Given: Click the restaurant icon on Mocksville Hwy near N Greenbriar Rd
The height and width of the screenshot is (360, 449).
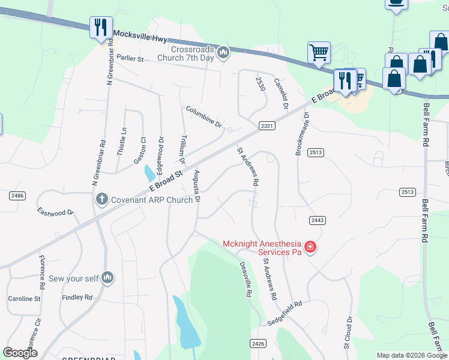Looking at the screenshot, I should point(100,27).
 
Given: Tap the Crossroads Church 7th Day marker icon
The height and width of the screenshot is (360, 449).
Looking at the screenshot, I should point(223,53).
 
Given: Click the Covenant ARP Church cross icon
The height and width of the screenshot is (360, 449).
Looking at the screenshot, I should point(101,199).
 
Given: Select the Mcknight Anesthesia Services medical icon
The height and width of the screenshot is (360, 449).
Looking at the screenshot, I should point(310,247).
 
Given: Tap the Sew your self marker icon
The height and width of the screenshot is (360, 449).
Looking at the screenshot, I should point(107,277).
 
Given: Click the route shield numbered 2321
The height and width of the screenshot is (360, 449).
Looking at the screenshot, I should point(267,125).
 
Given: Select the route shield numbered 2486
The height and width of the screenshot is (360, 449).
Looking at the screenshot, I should point(17,196).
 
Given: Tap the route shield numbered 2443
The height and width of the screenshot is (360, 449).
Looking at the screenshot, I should point(318,221).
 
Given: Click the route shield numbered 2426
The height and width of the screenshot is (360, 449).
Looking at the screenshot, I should point(258,343).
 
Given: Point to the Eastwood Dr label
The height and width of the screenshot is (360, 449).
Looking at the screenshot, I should point(55,212).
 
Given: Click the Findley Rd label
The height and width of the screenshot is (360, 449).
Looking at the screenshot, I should point(77,297).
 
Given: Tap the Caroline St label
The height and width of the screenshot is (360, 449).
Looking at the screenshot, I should point(24,298).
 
